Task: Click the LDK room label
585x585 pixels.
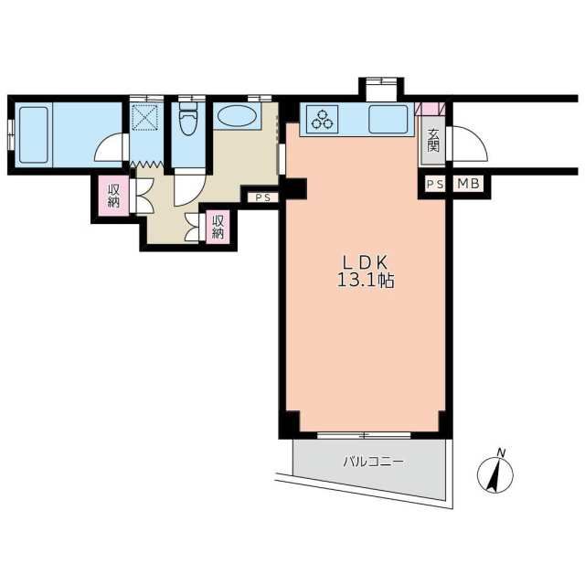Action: click(366, 263)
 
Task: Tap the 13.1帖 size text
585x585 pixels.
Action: click(366, 281)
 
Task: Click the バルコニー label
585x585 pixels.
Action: click(373, 463)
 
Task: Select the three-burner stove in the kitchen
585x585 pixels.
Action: click(322, 119)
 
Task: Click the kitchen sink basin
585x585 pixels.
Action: click(388, 119)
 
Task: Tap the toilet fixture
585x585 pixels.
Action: click(187, 120)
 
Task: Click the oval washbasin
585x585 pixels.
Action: click(236, 116)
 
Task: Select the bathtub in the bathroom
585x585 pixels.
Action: click(34, 134)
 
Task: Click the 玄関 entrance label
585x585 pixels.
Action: click(433, 140)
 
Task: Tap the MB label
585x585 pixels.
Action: click(468, 184)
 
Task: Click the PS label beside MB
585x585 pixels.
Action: click(435, 184)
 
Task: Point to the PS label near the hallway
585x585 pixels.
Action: click(263, 197)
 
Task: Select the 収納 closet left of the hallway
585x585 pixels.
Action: click(113, 196)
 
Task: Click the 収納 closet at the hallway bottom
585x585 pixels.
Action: click(218, 227)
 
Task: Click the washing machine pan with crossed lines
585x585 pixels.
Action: click(146, 117)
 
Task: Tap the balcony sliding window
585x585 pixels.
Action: click(364, 435)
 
